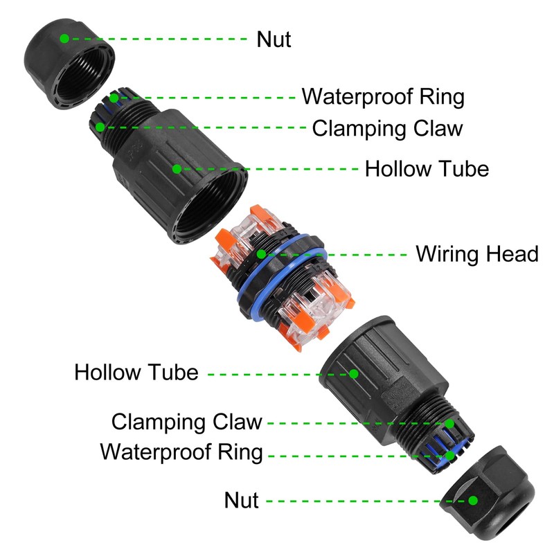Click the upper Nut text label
[274, 39]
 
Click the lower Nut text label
[241, 500]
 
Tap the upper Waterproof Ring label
[383, 96]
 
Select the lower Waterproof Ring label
[181, 452]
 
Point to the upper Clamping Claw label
[387, 129]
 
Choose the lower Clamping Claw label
[187, 421]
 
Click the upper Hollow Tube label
[427, 168]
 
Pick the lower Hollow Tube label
[136, 373]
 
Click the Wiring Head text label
[476, 254]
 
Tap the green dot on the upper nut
[64, 39]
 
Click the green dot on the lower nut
[474, 500]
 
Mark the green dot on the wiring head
[261, 254]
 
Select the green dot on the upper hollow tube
[177, 168]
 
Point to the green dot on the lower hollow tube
[354, 373]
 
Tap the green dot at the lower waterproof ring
[451, 454]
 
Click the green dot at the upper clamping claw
[101, 127]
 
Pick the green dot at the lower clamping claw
[449, 422]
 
